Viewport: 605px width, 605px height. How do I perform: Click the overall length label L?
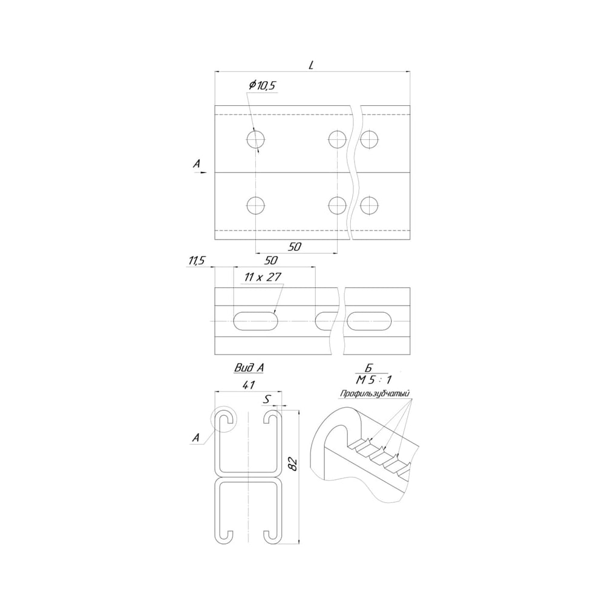click(x=312, y=65)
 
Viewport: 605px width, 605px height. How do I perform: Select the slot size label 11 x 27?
click(x=263, y=277)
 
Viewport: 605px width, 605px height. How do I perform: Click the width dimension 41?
click(x=249, y=385)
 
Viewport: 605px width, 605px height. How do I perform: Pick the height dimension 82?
click(x=293, y=464)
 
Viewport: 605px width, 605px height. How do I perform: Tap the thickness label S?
click(x=267, y=400)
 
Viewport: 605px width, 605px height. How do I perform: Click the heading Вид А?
click(x=249, y=368)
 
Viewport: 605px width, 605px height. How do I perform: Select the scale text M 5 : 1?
click(x=373, y=380)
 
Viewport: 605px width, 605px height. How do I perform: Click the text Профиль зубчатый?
click(x=374, y=394)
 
